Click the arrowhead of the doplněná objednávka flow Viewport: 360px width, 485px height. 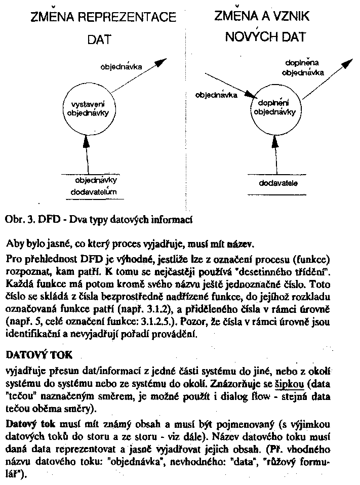point(348,62)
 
